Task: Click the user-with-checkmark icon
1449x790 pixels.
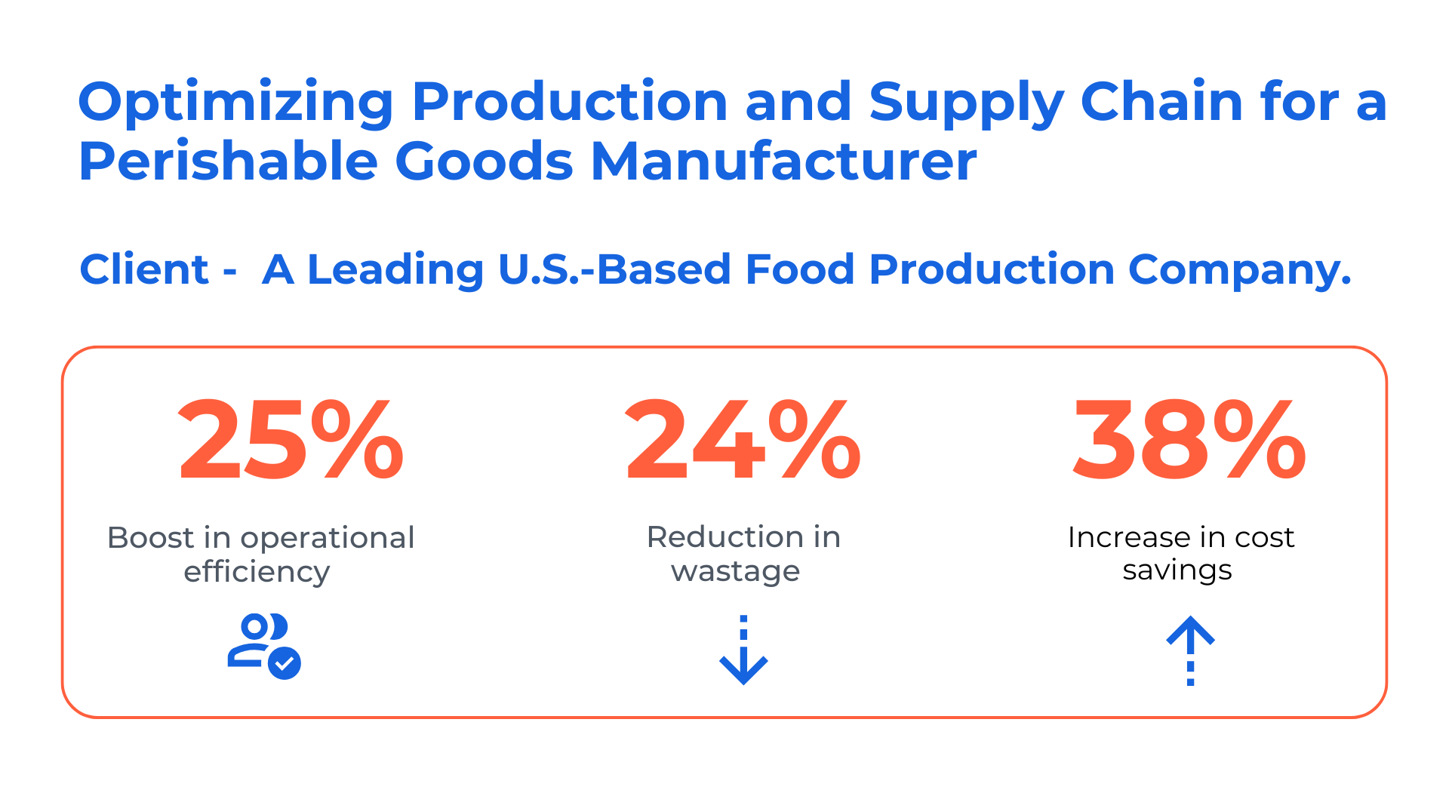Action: coord(264,647)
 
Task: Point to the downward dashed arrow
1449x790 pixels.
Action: coord(743,650)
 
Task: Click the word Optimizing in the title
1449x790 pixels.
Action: coord(236,103)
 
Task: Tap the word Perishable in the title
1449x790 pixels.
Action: coord(228,161)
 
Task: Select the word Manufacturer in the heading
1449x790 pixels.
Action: coord(784,161)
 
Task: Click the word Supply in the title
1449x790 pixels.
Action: coord(967,103)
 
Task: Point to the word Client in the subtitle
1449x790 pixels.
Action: coord(144,269)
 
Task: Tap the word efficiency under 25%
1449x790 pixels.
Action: coord(257,572)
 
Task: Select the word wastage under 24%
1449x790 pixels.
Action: coord(736,572)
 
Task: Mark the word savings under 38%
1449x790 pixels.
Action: coord(1177,571)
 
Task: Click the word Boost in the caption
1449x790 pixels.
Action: coord(151,538)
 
